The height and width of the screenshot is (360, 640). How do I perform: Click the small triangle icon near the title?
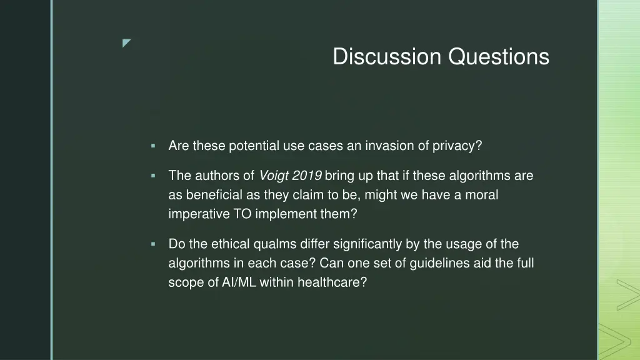[x=127, y=43]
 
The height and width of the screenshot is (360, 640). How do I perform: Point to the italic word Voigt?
[x=273, y=176]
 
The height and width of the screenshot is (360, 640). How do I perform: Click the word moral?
[x=482, y=195]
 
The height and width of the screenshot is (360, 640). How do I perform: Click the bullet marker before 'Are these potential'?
[x=153, y=146]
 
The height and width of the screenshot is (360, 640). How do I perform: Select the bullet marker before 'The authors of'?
[x=153, y=176]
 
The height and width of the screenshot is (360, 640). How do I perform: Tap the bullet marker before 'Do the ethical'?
[x=153, y=244]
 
